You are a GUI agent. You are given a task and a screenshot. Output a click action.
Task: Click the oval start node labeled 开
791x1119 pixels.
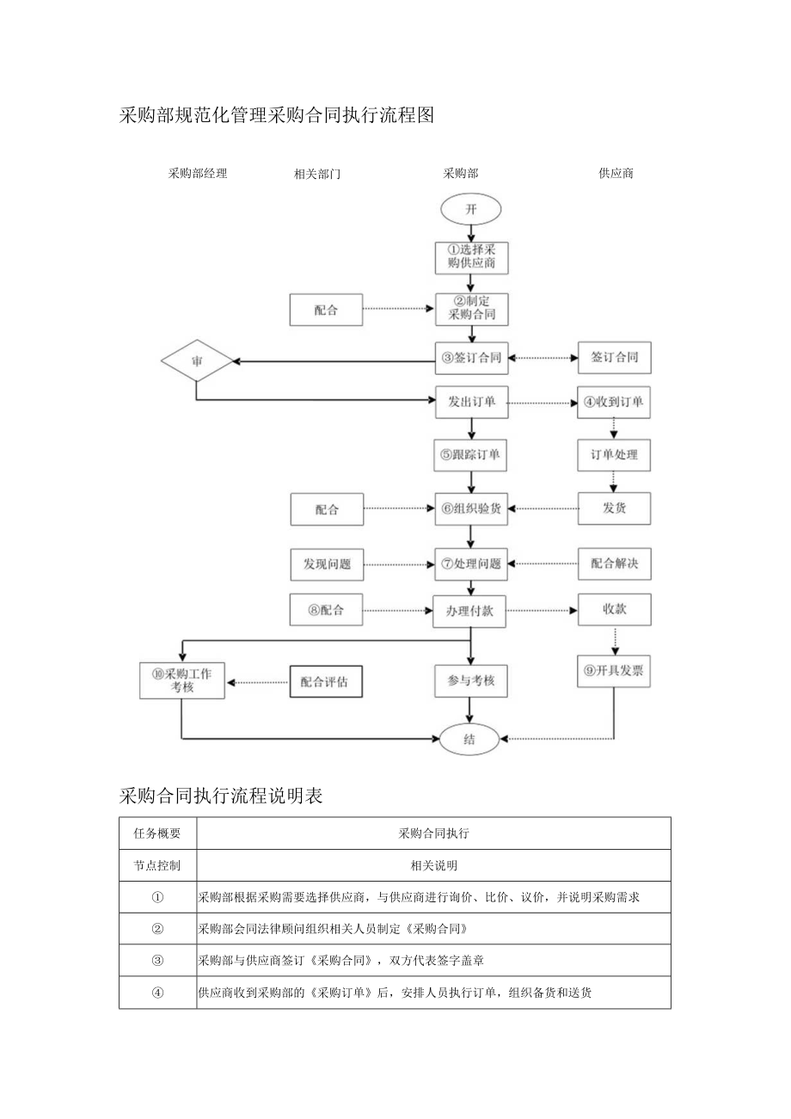(470, 209)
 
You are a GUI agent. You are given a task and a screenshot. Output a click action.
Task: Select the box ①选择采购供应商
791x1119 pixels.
(471, 256)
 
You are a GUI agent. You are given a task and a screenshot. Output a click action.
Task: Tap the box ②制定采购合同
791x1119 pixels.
(471, 310)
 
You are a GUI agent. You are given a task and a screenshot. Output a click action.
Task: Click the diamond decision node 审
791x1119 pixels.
(197, 362)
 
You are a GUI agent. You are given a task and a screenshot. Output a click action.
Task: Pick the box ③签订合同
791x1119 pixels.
(471, 358)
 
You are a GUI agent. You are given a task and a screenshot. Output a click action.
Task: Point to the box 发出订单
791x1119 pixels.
(471, 402)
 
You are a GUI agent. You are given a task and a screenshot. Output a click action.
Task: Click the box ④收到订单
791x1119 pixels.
(614, 402)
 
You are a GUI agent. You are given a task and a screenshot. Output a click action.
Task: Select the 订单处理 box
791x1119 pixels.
(614, 454)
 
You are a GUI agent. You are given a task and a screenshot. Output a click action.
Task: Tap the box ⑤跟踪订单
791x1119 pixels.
(471, 455)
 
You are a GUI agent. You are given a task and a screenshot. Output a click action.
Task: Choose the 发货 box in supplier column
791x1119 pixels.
(614, 508)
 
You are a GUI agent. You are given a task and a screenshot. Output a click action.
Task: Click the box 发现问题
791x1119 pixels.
(327, 564)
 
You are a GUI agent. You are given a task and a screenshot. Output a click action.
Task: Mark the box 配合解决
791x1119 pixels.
(614, 564)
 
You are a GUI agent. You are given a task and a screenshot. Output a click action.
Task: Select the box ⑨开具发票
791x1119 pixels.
(614, 671)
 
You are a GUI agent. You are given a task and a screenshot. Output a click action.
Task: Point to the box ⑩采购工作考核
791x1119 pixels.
(181, 680)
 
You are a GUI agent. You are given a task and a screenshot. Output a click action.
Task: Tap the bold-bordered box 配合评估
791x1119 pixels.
(326, 682)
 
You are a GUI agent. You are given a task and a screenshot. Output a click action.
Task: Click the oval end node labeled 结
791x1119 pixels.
(469, 738)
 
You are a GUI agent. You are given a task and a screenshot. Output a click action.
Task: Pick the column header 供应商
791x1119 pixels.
(616, 174)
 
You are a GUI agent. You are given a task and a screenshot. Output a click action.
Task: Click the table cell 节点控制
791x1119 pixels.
(158, 865)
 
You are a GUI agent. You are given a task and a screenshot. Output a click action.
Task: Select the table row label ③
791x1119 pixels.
(158, 960)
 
